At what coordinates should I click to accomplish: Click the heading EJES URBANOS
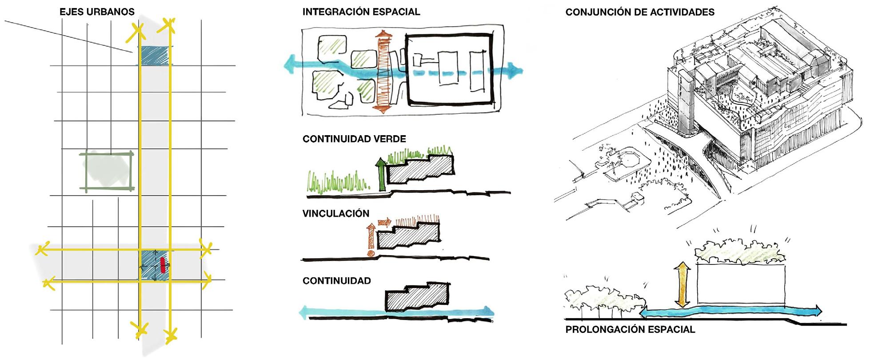pyautogui.click(x=97, y=12)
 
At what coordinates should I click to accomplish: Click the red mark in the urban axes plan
pyautogui.click(x=163, y=265)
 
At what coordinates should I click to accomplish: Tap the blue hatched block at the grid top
pyautogui.click(x=155, y=56)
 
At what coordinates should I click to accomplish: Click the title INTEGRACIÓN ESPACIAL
pyautogui.click(x=361, y=12)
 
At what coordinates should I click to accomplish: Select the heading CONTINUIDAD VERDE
pyautogui.click(x=354, y=139)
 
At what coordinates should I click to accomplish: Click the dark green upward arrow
pyautogui.click(x=381, y=174)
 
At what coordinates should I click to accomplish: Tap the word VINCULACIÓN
pyautogui.click(x=335, y=214)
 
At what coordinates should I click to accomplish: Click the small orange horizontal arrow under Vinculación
pyautogui.click(x=384, y=221)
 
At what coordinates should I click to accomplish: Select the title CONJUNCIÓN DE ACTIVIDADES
pyautogui.click(x=639, y=12)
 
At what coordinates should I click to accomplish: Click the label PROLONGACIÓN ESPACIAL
pyautogui.click(x=630, y=330)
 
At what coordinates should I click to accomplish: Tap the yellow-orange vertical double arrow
pyautogui.click(x=682, y=284)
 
